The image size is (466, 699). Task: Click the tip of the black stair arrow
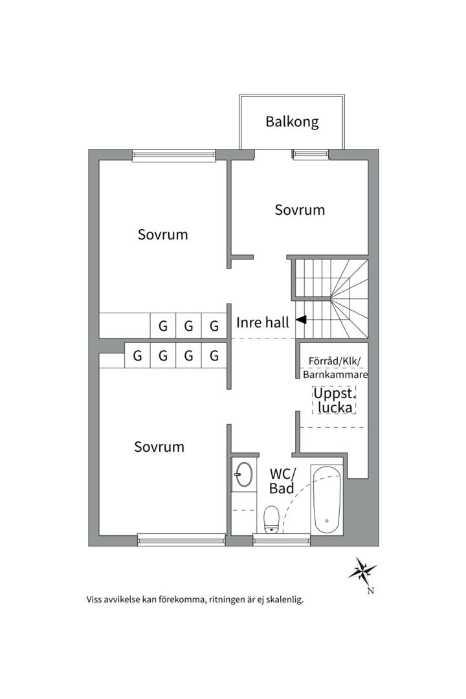296,320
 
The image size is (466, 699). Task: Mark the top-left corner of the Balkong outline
239,94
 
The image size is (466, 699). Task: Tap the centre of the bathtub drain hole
327,520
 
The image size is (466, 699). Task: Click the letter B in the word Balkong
269,121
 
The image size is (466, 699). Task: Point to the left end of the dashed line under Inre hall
232,338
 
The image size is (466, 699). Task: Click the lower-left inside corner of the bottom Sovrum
99,535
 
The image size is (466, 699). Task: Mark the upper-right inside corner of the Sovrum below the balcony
368,160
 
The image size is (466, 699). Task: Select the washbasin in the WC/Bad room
244,474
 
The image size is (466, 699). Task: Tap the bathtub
327,500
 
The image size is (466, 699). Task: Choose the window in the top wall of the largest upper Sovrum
174,155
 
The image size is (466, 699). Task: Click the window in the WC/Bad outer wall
282,540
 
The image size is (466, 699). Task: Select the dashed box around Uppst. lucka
334,401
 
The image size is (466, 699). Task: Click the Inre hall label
263,322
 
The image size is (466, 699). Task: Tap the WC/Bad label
282,481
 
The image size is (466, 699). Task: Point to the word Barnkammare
335,375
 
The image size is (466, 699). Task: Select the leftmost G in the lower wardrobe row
137,356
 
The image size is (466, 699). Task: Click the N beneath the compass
371,591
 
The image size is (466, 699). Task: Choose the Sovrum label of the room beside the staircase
300,210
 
